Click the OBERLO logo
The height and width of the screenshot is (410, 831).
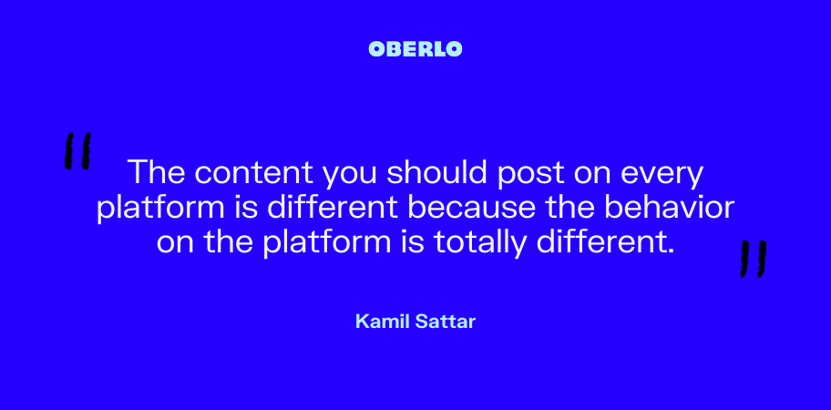point(415,49)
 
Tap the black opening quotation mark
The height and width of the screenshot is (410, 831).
point(77,151)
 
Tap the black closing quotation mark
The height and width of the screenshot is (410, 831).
point(753,259)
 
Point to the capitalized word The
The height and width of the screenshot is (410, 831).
point(158,171)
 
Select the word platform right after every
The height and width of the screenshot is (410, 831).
point(160,209)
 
